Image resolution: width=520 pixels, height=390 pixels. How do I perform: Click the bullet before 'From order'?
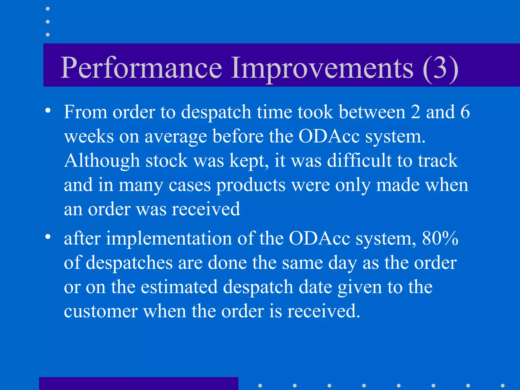(x=48, y=111)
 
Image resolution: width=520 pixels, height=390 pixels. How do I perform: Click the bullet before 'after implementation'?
(x=48, y=237)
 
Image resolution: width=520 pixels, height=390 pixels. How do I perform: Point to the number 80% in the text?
(x=440, y=239)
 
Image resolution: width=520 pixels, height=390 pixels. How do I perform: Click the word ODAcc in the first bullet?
(x=329, y=137)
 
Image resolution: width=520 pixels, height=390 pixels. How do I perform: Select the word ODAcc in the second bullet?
(x=319, y=239)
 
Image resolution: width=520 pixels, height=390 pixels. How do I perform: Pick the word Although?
(x=102, y=161)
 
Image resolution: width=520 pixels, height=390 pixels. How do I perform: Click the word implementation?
(x=169, y=239)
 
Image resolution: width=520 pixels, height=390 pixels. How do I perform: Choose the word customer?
(x=101, y=312)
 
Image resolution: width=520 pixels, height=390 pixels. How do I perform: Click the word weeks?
(x=89, y=137)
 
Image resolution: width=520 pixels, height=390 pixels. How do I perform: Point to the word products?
(x=251, y=185)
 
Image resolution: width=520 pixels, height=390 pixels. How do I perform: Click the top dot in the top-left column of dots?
(x=48, y=9)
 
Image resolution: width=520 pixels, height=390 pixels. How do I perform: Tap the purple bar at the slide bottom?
(x=139, y=383)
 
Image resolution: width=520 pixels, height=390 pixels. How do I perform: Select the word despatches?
(x=129, y=263)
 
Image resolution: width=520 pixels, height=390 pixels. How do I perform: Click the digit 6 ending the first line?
(x=465, y=112)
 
